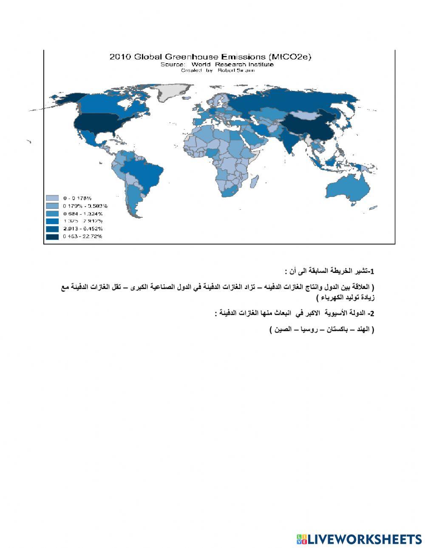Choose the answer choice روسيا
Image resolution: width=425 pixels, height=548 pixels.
(308, 329)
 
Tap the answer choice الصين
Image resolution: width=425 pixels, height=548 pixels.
(283, 329)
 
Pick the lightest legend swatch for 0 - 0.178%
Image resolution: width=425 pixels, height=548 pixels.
(52, 198)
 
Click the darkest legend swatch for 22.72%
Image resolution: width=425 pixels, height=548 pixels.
(52, 236)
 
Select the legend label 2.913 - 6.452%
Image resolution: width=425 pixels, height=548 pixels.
(82, 229)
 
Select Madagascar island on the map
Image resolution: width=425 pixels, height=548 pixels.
(255, 182)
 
